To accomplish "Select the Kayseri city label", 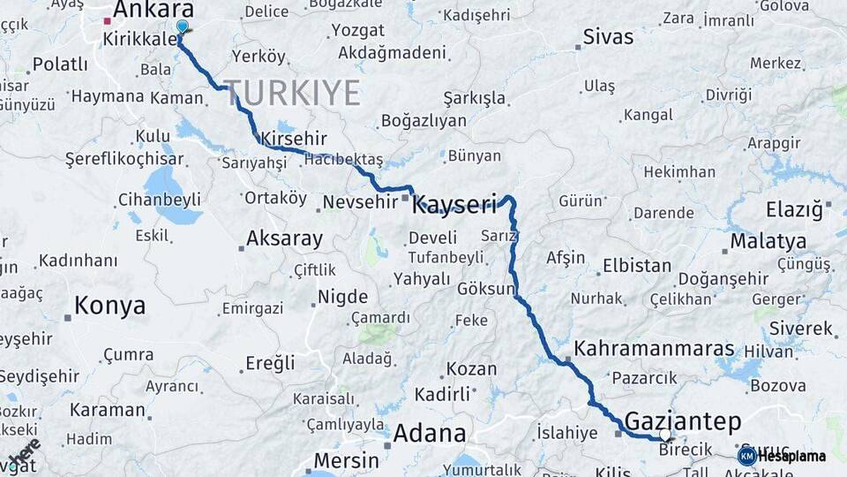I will (455, 205).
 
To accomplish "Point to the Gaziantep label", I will (682, 420).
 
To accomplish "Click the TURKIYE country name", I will (292, 92).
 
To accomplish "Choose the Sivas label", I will (608, 37).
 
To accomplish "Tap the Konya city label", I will (109, 306).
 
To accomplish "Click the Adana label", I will (429, 433).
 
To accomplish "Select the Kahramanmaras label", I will (654, 349).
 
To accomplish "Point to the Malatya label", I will (768, 241).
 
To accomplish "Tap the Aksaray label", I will (284, 238).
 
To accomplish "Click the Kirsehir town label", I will (294, 139).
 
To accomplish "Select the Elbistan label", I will (636, 265).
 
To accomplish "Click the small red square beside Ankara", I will (107, 20).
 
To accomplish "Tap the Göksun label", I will (486, 289).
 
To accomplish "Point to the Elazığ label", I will (794, 210).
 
